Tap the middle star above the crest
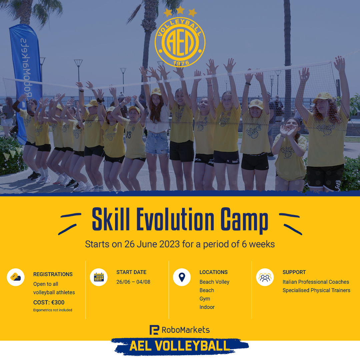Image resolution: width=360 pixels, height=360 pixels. pyautogui.click(x=180, y=10)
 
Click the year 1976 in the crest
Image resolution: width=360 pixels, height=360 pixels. pyautogui.click(x=180, y=63)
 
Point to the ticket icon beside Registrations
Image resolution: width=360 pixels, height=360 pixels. pyautogui.click(x=16, y=277)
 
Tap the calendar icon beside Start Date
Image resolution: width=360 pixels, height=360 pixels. pyautogui.click(x=99, y=277)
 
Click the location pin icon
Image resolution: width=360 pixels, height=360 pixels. pyautogui.click(x=182, y=277)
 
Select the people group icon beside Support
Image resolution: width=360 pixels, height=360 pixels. pyautogui.click(x=265, y=277)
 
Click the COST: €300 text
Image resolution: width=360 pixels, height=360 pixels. pyautogui.click(x=49, y=303)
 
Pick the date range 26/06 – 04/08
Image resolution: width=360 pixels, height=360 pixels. pyautogui.click(x=133, y=282)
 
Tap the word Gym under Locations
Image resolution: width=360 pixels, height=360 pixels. pyautogui.click(x=205, y=299)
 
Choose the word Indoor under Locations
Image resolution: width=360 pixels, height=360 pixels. pyautogui.click(x=207, y=307)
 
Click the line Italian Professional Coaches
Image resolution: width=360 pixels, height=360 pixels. pyautogui.click(x=316, y=282)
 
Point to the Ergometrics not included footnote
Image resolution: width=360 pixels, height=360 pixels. pyautogui.click(x=53, y=310)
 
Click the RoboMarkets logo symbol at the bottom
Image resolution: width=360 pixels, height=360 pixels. pyautogui.click(x=154, y=330)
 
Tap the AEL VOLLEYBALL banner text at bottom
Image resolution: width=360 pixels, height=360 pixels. pyautogui.click(x=180, y=346)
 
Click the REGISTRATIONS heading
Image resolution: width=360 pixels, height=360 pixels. pyautogui.click(x=53, y=274)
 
